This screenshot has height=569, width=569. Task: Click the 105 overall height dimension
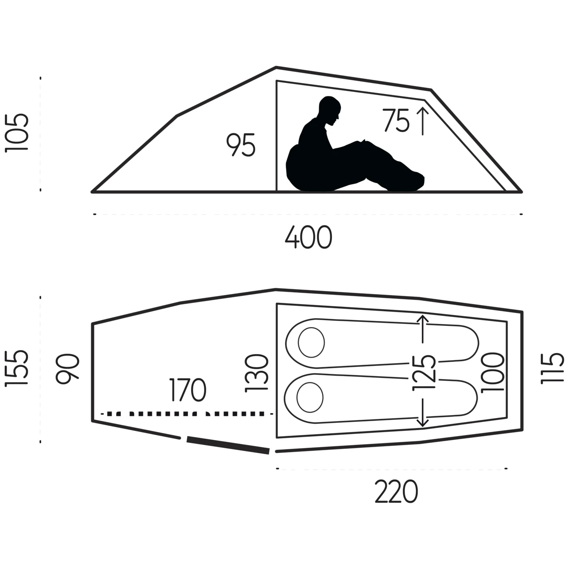coord(17,132)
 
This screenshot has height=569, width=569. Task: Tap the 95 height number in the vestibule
coord(241,145)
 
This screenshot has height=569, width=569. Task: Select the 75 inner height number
coord(396,120)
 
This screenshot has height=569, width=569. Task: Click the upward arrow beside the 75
coord(423,121)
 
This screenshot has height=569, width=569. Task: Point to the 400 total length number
coord(309,237)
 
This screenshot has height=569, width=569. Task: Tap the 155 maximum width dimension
coord(17,368)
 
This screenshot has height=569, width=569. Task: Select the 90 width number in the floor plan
coord(68,369)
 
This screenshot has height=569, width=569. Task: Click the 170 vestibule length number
coord(188,390)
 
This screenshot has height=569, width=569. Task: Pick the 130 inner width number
coord(256,373)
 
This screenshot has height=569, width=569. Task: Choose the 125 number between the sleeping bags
coord(424,373)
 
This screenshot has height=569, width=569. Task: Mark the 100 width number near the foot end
coord(493,373)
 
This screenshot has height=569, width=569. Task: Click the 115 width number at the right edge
coord(552,369)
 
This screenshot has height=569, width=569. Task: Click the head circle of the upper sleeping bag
coord(312,342)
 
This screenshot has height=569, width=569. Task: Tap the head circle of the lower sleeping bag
coord(310,397)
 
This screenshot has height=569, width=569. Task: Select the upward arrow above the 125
coord(423,329)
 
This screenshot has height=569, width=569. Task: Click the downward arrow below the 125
coord(423,413)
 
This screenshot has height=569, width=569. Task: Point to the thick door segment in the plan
coord(228,445)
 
